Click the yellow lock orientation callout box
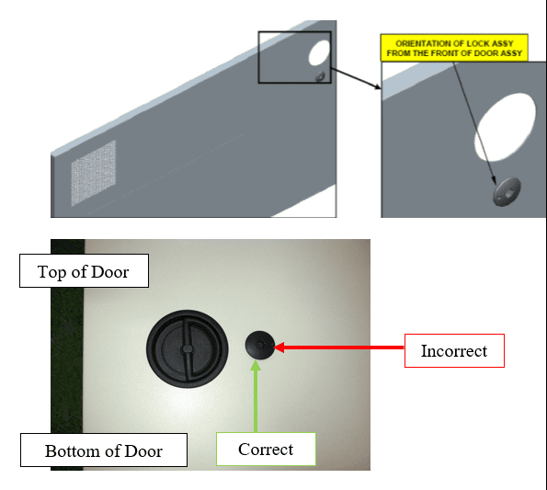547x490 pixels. [x=454, y=48]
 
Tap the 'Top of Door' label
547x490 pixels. [x=84, y=270]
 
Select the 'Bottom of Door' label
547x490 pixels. [x=104, y=450]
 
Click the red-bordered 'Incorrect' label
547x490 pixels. [x=454, y=350]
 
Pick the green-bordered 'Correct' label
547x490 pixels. [x=266, y=449]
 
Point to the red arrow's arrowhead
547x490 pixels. [x=279, y=348]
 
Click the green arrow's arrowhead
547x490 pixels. [x=256, y=366]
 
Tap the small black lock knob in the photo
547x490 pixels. [x=260, y=346]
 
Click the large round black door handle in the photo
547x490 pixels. [x=188, y=349]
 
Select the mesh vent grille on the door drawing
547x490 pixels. [x=94, y=173]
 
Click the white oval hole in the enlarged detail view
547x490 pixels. [x=505, y=127]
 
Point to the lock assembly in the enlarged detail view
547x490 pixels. [x=507, y=191]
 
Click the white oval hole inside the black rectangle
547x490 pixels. [x=319, y=52]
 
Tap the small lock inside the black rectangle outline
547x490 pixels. [x=320, y=76]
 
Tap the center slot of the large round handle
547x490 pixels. [x=187, y=348]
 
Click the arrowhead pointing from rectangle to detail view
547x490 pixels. [x=378, y=86]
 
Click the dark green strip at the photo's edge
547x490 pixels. [x=67, y=355]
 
